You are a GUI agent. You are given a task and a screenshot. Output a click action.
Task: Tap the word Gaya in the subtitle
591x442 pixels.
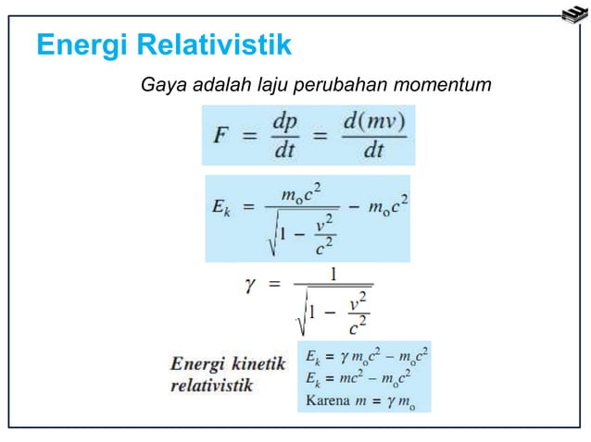point(158,87)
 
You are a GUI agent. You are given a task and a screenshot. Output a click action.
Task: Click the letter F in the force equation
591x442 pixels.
point(221,136)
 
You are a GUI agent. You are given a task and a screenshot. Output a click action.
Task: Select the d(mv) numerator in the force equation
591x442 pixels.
point(372,121)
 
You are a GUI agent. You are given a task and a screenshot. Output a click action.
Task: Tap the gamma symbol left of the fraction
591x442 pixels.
point(250,287)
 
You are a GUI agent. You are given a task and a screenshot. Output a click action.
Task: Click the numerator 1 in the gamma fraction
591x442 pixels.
point(333,274)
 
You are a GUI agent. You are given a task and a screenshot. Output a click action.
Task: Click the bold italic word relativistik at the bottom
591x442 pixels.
point(211,385)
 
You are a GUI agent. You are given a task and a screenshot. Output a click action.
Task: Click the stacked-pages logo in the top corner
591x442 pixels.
point(573,16)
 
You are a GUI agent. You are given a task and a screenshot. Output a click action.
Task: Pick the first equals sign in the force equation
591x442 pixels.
point(249,136)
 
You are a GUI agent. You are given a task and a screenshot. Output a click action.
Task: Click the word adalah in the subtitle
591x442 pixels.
point(218,87)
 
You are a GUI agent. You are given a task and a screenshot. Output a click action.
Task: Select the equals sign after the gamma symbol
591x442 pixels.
point(275,287)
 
